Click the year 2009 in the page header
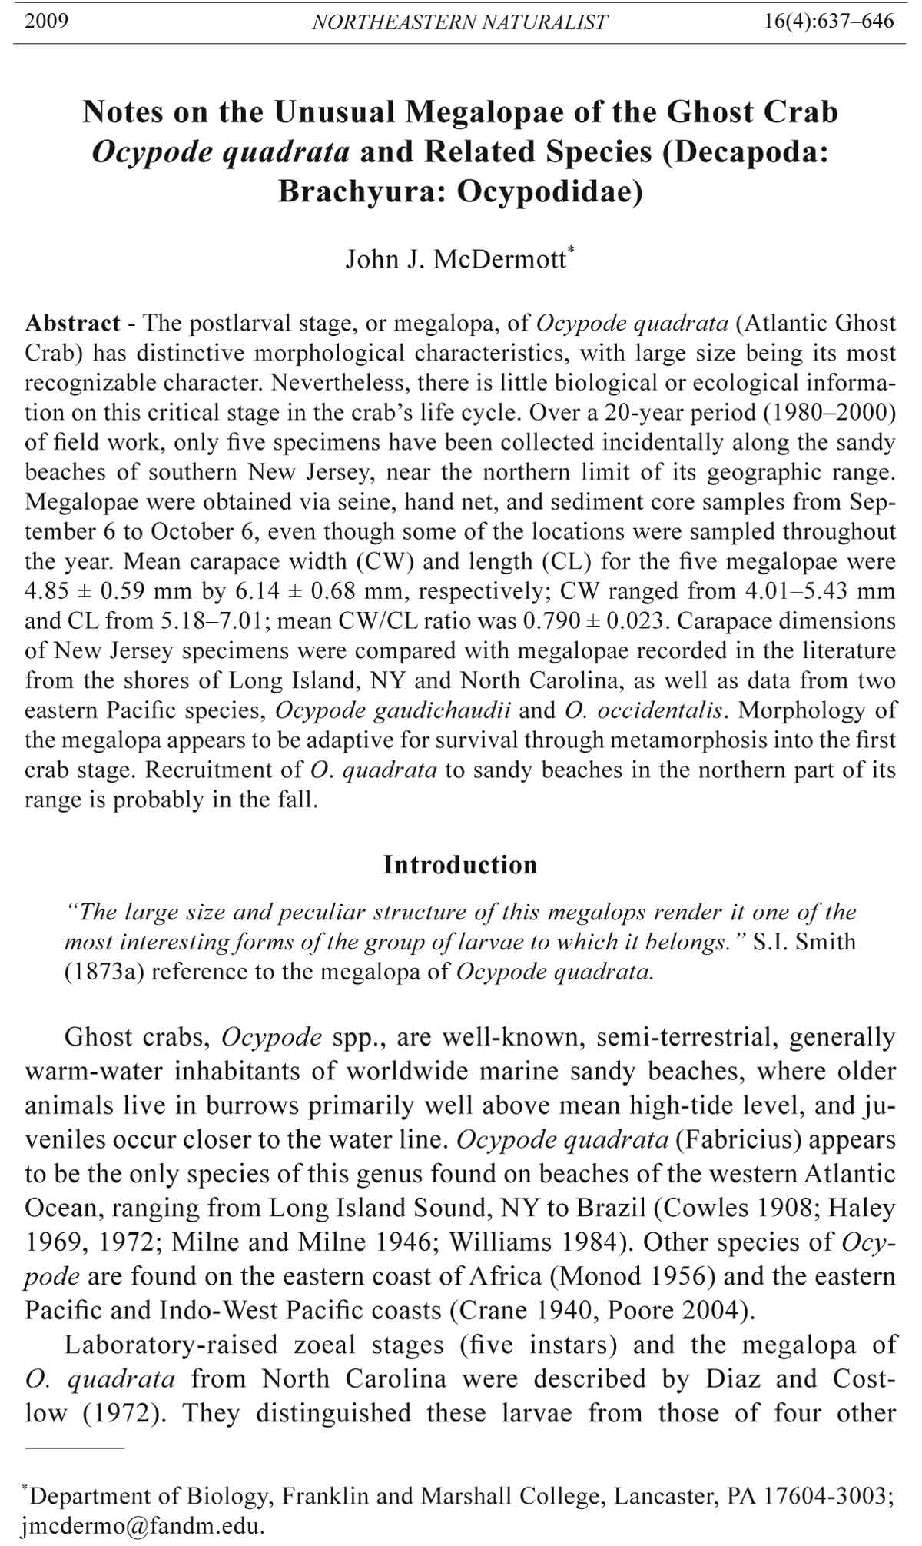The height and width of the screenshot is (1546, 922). [47, 21]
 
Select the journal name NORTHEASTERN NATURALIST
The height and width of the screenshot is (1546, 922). [459, 22]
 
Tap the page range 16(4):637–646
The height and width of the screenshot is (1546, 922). [829, 21]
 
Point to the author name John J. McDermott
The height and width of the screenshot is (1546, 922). [456, 260]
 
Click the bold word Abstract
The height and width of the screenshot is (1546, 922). [72, 323]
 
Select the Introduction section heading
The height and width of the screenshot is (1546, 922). [460, 865]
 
